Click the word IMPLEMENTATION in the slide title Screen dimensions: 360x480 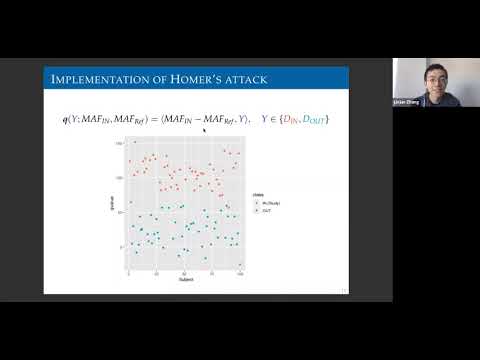coord(94,79)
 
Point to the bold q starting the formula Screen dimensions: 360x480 coord(65,120)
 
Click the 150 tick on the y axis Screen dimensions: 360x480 coord(119,143)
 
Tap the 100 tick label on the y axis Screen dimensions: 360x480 coord(119,178)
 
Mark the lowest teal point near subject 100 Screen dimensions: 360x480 coord(240,264)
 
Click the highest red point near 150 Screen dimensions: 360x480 coord(134,143)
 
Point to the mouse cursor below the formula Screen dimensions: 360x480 coord(203,129)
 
